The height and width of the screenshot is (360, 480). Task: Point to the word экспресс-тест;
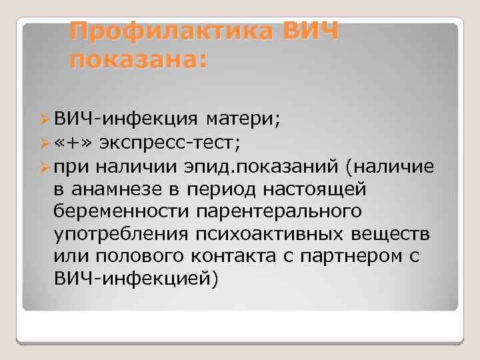(169, 142)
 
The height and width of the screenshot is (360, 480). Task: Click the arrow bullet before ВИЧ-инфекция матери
(45, 119)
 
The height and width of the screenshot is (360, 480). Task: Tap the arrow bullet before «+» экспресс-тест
(45, 142)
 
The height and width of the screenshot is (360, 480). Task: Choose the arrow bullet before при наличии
(45, 165)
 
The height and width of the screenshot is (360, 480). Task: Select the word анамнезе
(119, 188)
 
